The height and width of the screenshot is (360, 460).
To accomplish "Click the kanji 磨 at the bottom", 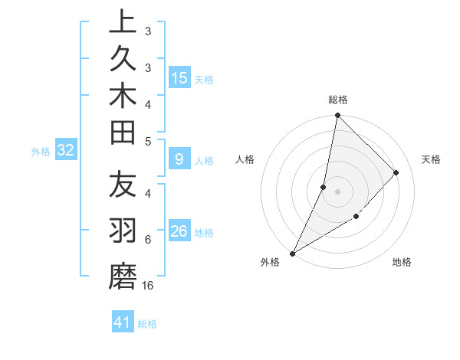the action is (123, 275).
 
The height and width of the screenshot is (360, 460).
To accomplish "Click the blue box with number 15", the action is (179, 77).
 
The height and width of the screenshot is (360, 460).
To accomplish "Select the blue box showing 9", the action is (179, 159).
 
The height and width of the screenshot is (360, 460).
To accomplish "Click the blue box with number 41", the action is (123, 322).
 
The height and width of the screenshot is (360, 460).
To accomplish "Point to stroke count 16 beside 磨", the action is (148, 286).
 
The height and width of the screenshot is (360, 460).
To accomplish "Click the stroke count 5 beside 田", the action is (147, 140).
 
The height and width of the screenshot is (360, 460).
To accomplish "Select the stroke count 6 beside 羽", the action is (147, 240).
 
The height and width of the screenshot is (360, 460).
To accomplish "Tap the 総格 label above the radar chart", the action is (337, 100).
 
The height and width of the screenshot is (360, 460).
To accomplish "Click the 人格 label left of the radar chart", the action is (245, 159).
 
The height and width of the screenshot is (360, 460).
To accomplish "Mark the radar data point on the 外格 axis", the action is (292, 253).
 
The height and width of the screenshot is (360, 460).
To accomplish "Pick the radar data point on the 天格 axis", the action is (396, 173).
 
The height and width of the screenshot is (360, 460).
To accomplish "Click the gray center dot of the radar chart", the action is (337, 191).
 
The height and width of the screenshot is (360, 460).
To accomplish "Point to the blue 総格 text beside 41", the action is (147, 324).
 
